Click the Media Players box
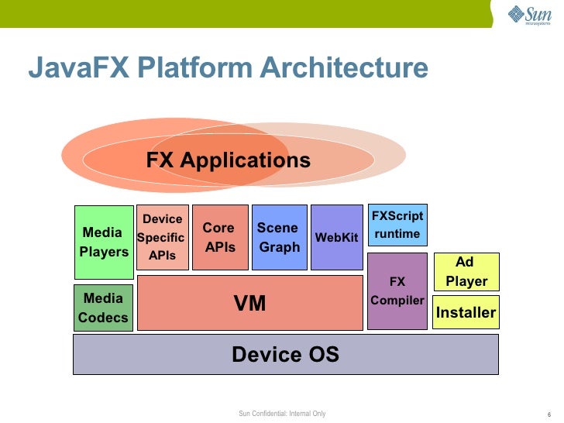104,242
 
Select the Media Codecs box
103,308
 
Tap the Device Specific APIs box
162,237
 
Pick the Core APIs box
220,237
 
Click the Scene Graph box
279,237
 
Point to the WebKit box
336,237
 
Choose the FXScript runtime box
396,225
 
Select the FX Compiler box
397,291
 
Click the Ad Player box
466,271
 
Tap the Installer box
466,312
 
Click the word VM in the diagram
249,304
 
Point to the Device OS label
285,355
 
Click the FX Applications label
228,160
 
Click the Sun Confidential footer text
282,414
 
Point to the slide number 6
548,414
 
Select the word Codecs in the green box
103,318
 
